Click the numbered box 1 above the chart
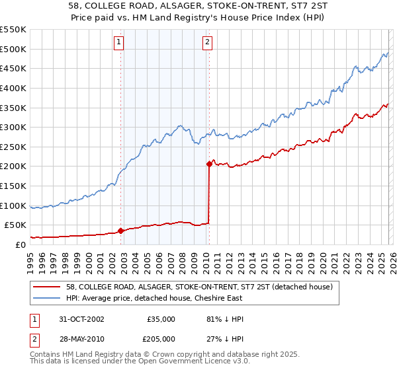[x=118, y=42]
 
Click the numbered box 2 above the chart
[x=207, y=42]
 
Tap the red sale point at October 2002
[x=121, y=231]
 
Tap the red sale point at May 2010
[x=210, y=164]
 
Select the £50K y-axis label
[x=15, y=225]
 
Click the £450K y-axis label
[x=13, y=68]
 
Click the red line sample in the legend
[x=47, y=287]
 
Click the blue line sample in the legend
[x=47, y=298]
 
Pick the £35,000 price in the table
[x=161, y=319]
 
